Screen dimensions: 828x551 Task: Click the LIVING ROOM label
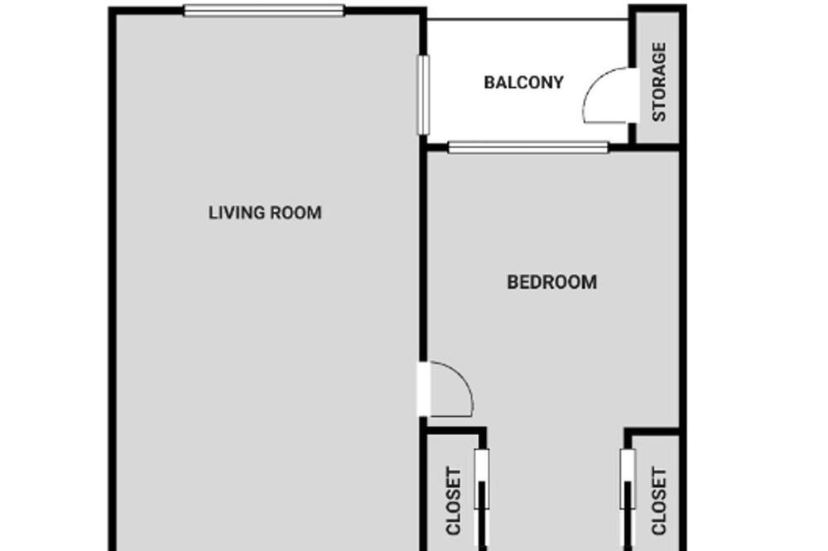(x=265, y=213)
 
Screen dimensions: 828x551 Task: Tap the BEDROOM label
(x=551, y=282)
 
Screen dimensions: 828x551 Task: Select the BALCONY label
(x=524, y=83)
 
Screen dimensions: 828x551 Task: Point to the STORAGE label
(x=659, y=82)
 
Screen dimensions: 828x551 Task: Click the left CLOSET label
(x=454, y=501)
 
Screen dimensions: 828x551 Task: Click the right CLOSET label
(x=659, y=501)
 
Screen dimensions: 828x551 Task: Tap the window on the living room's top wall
(x=264, y=11)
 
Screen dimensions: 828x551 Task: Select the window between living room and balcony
(x=423, y=94)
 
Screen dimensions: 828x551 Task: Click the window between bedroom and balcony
(x=528, y=148)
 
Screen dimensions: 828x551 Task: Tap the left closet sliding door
(x=482, y=499)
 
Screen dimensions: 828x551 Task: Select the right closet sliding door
(x=628, y=499)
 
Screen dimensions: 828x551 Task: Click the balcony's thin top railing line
(x=527, y=20)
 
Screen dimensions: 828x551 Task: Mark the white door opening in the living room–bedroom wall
(x=423, y=389)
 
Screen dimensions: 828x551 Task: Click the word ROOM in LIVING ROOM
(x=296, y=213)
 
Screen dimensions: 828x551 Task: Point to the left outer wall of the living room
(x=112, y=280)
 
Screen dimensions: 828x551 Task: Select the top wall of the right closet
(x=652, y=431)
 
